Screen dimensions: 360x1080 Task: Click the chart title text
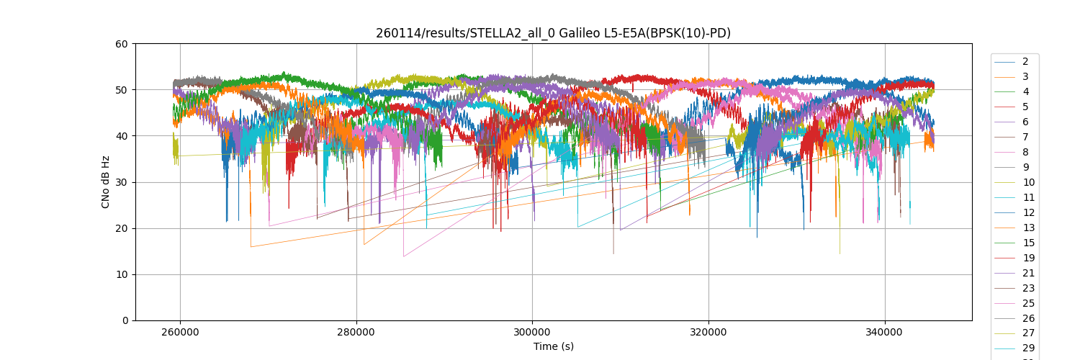point(553,33)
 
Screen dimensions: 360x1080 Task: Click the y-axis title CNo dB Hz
point(105,181)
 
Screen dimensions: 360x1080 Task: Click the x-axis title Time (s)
point(553,346)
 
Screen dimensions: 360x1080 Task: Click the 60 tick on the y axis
point(122,44)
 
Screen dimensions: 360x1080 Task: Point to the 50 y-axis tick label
point(122,90)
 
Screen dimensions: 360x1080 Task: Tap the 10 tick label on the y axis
point(122,274)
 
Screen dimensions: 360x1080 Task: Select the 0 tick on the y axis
point(125,320)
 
